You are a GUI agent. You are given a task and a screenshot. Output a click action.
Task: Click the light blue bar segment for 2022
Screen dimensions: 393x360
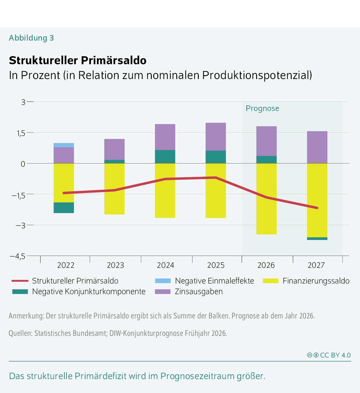64,145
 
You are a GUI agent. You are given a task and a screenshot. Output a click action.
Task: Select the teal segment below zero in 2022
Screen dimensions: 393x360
64,208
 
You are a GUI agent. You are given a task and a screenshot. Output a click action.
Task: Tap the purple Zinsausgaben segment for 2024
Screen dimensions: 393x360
165,137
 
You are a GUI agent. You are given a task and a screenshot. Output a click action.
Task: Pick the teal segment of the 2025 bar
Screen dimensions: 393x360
216,157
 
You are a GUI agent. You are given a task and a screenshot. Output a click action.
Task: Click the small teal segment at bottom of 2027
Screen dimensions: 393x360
317,239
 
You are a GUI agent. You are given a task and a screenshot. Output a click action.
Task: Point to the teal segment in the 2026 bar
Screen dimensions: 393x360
266,160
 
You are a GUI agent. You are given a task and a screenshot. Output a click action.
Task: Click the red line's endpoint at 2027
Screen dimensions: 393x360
317,208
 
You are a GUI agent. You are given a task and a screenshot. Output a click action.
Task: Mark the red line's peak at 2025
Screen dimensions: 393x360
216,178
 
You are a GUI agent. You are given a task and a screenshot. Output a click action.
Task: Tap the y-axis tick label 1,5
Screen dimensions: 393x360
21,133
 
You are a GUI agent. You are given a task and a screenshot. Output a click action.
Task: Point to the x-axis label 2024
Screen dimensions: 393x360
165,265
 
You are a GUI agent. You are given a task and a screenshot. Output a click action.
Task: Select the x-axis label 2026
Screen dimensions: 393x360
266,265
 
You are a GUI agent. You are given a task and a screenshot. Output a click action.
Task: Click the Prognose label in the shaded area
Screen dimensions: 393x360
262,108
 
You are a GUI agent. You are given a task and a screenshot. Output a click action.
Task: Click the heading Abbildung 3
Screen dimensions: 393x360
31,38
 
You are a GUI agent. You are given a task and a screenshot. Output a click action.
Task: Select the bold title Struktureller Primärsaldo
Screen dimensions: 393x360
78,60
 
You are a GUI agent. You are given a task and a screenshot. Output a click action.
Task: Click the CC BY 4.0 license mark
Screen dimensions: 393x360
329,355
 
